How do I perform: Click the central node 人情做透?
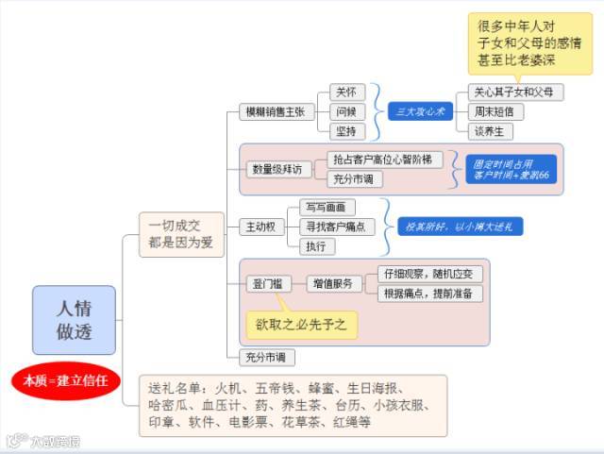(x=74, y=320)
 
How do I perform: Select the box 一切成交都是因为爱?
(x=181, y=234)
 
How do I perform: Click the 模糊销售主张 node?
(x=275, y=111)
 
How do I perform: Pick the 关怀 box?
(x=346, y=92)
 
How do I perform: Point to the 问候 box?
(x=346, y=111)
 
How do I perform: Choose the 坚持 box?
(x=346, y=130)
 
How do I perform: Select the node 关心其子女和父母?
(x=518, y=92)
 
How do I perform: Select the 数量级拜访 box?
(x=278, y=169)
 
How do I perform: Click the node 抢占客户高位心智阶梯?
(x=384, y=160)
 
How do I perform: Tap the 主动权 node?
(x=260, y=227)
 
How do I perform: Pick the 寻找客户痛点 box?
(x=335, y=227)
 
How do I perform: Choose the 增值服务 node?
(x=332, y=283)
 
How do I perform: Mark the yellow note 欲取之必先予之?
(x=301, y=325)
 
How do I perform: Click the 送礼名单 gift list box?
(x=294, y=405)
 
